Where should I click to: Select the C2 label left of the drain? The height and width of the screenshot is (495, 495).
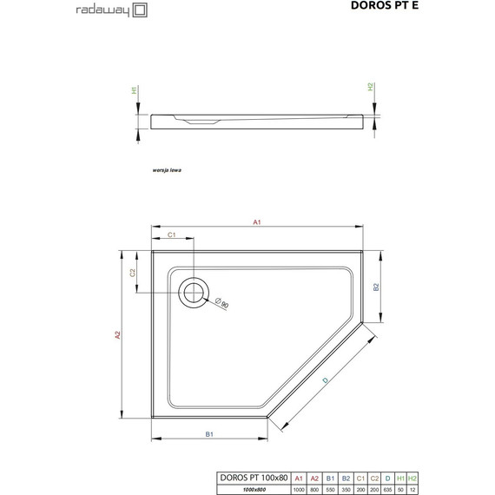[x=133, y=273]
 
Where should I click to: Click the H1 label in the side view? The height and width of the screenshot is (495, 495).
[x=135, y=89]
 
